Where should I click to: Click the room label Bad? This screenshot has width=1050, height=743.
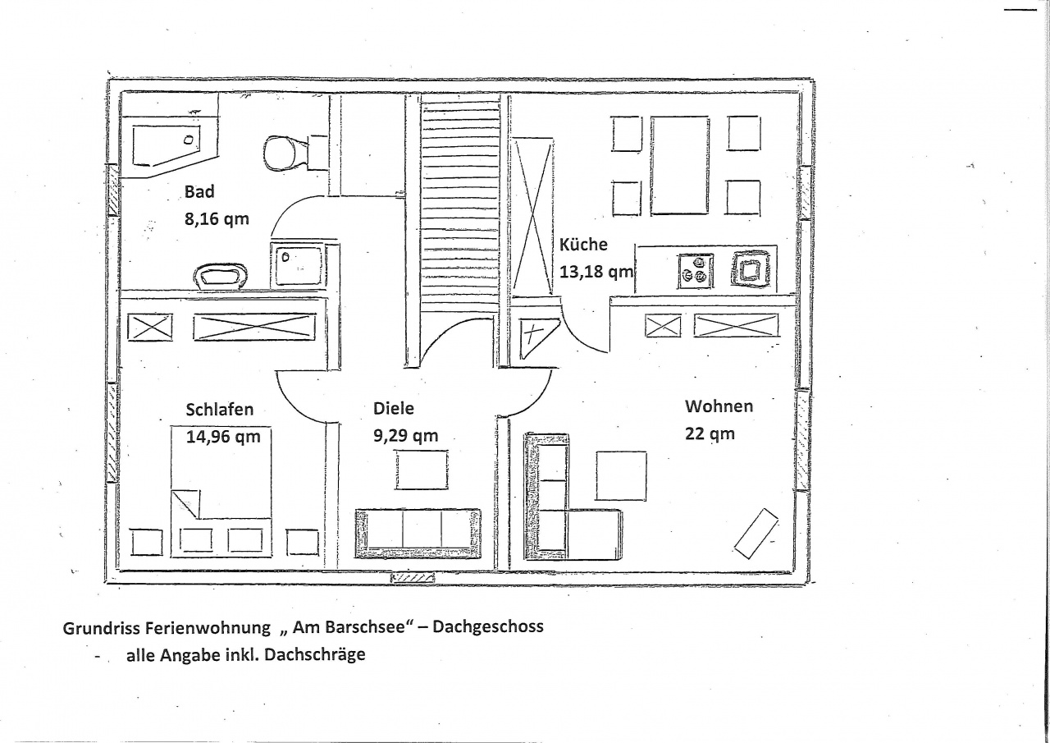[x=199, y=192]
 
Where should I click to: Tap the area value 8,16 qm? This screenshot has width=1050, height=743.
[x=217, y=219]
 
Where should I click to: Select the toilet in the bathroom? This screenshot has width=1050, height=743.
[x=287, y=153]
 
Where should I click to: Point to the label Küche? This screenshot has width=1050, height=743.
[x=583, y=245]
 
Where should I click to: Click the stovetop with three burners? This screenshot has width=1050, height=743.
[x=696, y=271]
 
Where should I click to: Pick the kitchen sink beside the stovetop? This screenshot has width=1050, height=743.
[x=750, y=268]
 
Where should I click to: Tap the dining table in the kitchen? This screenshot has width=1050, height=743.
[x=679, y=166]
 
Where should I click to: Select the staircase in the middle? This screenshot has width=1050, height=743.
[x=459, y=211]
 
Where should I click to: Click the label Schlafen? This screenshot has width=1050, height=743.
[x=219, y=410]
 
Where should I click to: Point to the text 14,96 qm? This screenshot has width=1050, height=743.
[x=223, y=437]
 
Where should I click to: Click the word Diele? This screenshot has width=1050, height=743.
[x=393, y=409]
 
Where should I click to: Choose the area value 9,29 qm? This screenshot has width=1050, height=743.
[x=405, y=436]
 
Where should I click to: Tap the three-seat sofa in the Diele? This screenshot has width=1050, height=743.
[x=418, y=534]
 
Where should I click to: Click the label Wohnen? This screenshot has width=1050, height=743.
[x=719, y=406]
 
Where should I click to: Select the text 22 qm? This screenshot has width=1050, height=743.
[x=710, y=433]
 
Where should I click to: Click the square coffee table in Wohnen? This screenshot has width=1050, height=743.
[x=621, y=476]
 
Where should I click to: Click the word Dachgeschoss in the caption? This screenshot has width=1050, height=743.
[x=487, y=626]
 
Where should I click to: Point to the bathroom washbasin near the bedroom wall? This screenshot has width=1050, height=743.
[x=221, y=276]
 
